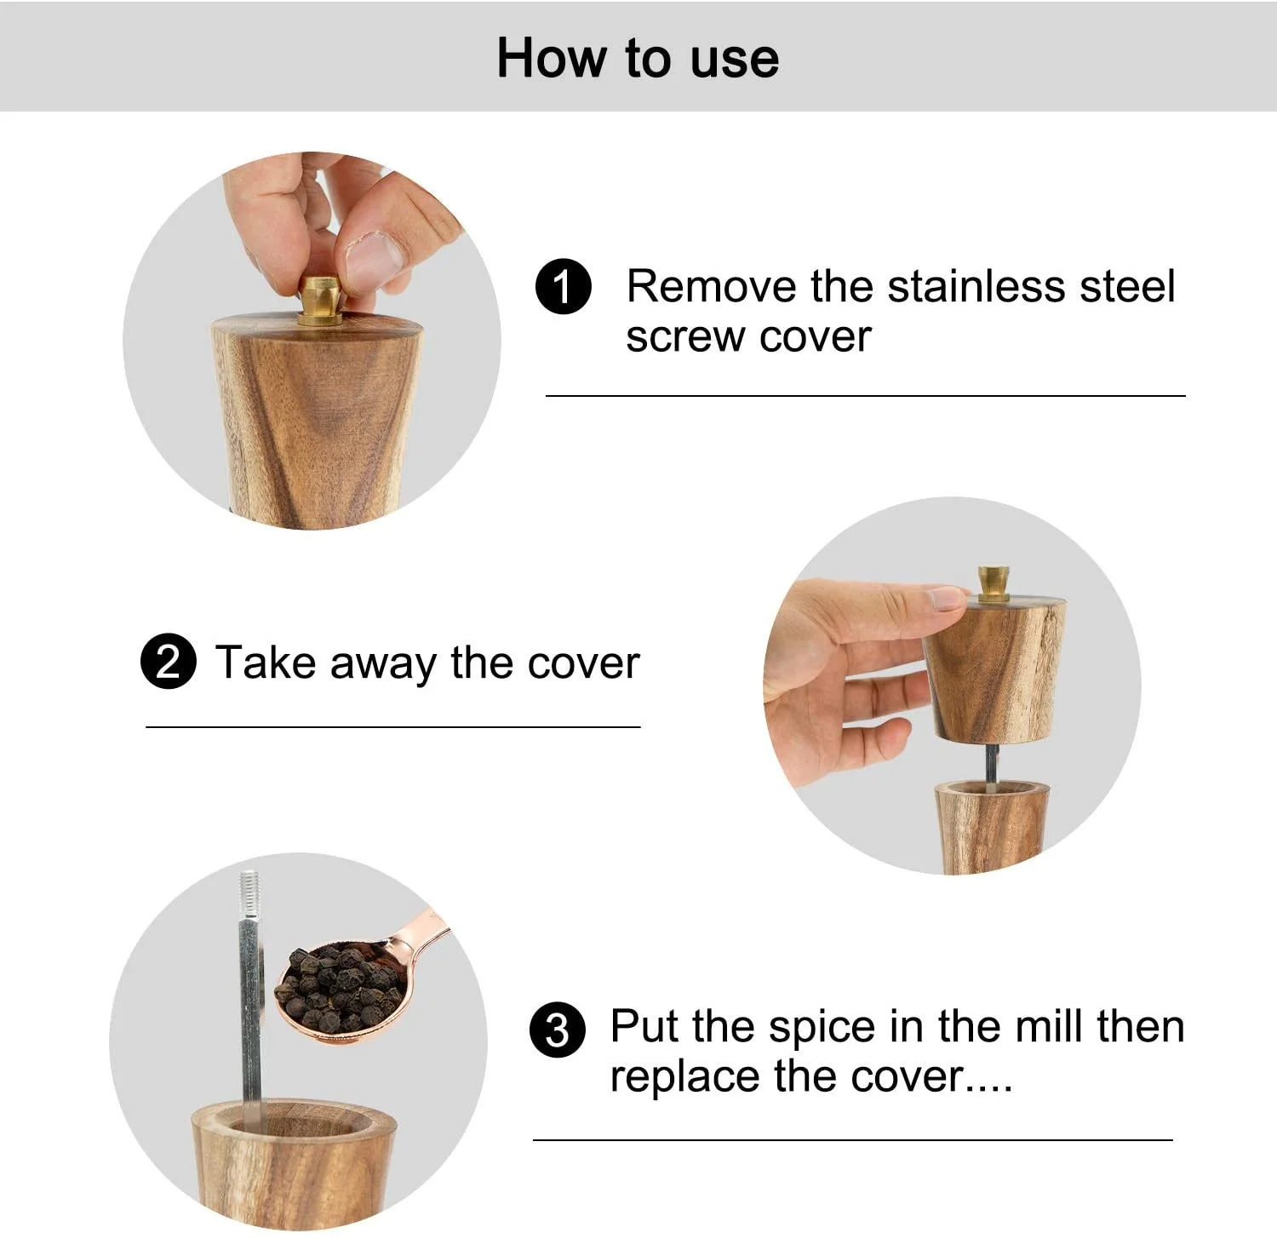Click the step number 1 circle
(x=564, y=288)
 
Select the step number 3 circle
(x=558, y=1030)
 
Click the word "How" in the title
(x=553, y=58)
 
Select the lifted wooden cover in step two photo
(x=994, y=670)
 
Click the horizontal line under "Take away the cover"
(x=393, y=727)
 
